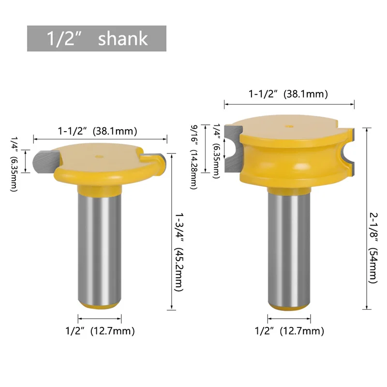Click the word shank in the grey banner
click(123, 39)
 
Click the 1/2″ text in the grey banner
click(64, 39)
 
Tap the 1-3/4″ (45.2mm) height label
click(179, 252)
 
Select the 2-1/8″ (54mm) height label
click(373, 248)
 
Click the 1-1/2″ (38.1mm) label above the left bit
click(98, 131)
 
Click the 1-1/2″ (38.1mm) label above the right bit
click(288, 94)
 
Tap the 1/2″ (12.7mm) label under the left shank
click(100, 331)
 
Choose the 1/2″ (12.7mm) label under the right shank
click(289, 331)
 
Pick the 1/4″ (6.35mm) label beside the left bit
click(14, 164)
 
